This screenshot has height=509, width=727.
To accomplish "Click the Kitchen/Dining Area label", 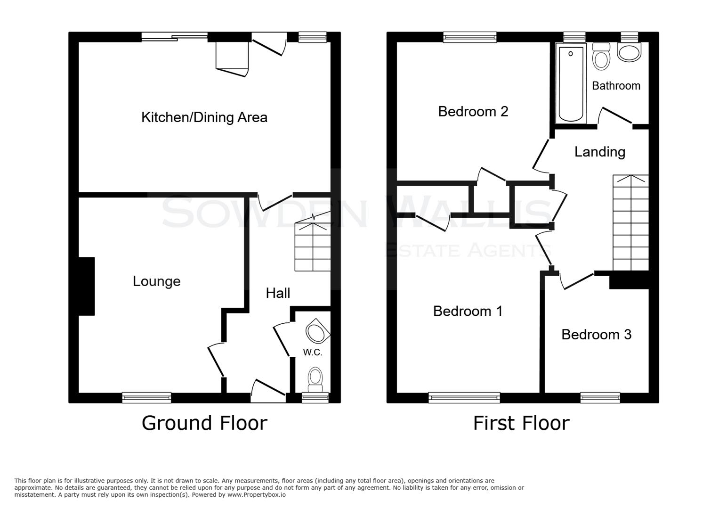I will [204, 117].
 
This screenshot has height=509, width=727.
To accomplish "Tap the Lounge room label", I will [156, 281].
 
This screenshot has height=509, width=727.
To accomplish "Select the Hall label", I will [278, 293].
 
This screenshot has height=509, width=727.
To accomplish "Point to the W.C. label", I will [313, 353].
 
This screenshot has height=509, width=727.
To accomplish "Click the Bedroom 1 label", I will [468, 311].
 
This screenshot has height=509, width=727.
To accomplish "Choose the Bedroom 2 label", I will [473, 111].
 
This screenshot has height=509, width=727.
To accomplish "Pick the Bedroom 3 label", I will [596, 335].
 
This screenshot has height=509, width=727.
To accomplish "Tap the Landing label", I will [599, 152].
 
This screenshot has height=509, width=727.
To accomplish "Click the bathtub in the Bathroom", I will [571, 83].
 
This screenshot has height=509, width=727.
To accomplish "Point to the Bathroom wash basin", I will [630, 52].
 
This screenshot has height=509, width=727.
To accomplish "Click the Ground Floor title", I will [204, 423].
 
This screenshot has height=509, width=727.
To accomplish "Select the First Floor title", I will [521, 423].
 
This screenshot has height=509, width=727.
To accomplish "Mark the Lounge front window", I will [146, 398].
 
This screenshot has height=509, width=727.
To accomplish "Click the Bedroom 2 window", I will [469, 37].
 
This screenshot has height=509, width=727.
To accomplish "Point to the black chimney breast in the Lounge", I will [87, 286].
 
